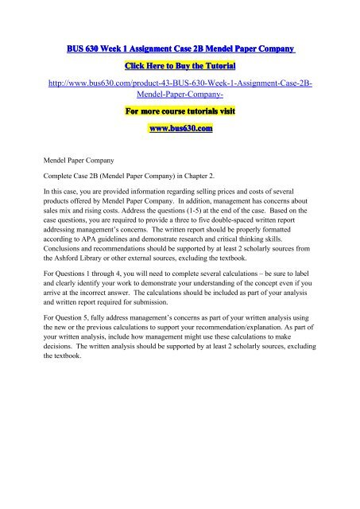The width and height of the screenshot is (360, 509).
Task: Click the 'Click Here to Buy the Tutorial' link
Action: pos(180,69)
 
